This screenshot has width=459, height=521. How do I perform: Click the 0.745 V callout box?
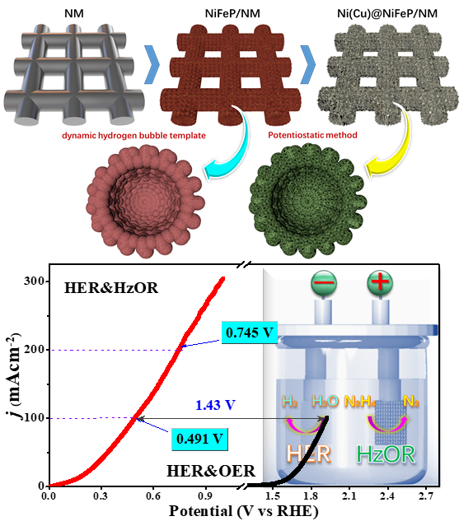250,333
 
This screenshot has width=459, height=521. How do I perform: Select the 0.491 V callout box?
199,439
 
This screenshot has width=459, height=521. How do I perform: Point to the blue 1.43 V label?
216,405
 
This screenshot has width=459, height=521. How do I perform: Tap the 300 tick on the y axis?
35,281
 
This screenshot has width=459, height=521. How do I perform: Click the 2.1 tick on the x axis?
349,496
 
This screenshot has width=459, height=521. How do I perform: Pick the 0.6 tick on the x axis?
152,496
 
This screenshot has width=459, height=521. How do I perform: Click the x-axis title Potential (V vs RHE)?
243,511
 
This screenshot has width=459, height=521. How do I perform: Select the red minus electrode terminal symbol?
324,283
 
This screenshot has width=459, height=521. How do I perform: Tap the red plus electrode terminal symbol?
380,283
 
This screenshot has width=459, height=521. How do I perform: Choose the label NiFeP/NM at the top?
232,14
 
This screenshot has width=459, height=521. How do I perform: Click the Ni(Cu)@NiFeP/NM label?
387,14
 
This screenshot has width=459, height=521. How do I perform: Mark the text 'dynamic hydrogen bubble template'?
133,136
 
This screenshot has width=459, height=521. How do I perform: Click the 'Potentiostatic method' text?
312,135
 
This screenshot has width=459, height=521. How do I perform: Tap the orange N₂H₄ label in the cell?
360,402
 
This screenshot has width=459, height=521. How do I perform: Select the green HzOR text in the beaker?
386,454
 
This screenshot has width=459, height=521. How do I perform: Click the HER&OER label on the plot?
211,471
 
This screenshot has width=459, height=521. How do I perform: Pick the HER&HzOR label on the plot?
111,288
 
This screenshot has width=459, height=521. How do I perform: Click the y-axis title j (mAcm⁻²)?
14,376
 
